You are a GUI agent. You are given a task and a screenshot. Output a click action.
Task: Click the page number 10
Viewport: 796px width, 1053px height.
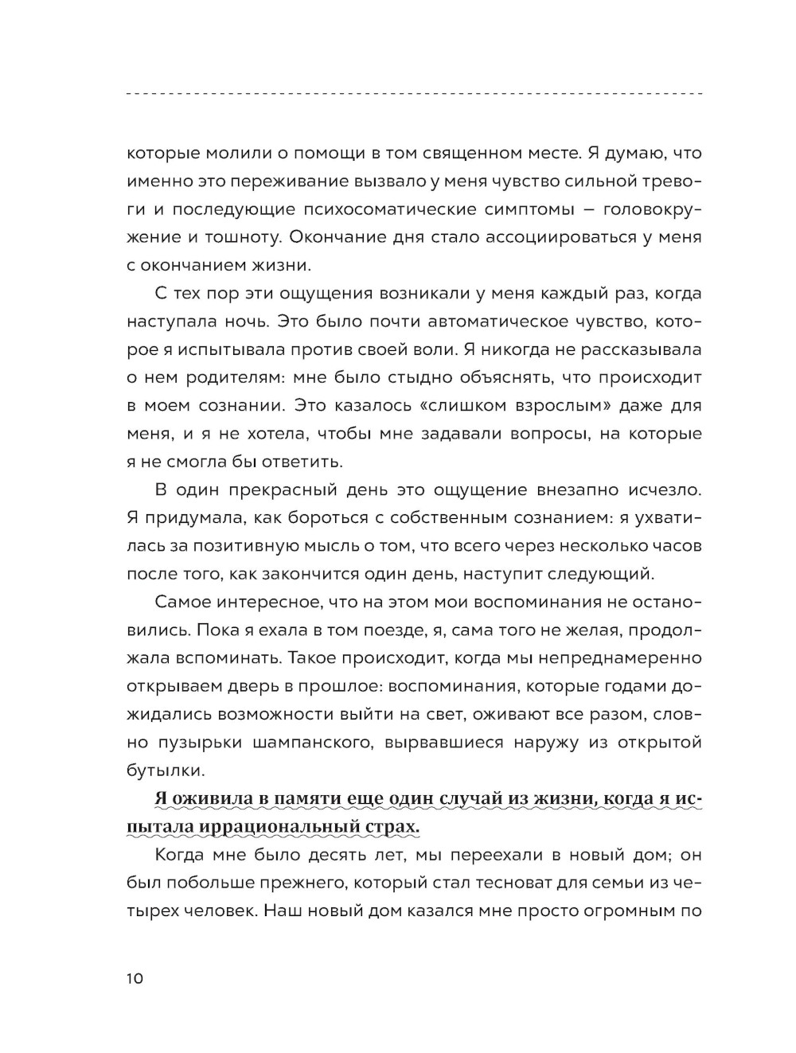point(135,979)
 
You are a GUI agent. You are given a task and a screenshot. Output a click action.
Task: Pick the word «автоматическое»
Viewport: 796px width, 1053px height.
point(482,321)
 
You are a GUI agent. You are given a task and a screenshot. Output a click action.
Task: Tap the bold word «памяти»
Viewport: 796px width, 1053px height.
point(318,799)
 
